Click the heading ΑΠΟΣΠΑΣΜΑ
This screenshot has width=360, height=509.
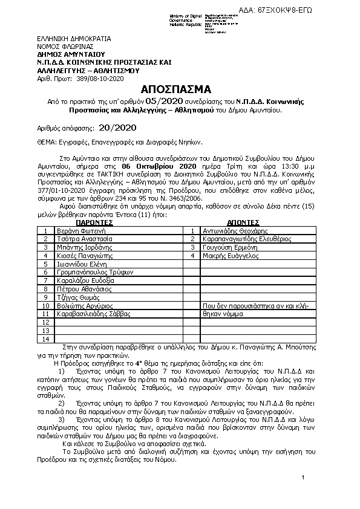[179, 88]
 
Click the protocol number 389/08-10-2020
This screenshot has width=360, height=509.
[97, 79]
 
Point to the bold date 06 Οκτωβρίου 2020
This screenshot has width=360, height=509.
[159, 166]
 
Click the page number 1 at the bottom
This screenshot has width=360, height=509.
[301, 478]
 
